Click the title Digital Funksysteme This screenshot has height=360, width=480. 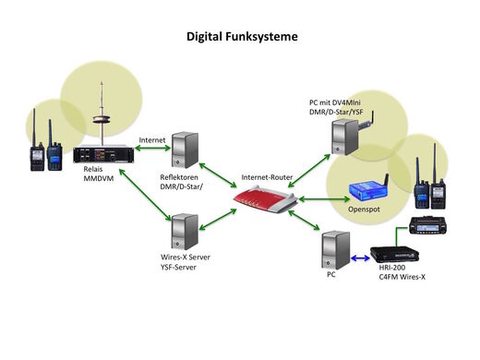(242, 38)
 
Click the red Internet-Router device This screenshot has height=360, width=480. (267, 196)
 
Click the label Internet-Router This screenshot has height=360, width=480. (267, 175)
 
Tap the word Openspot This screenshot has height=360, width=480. (363, 209)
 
